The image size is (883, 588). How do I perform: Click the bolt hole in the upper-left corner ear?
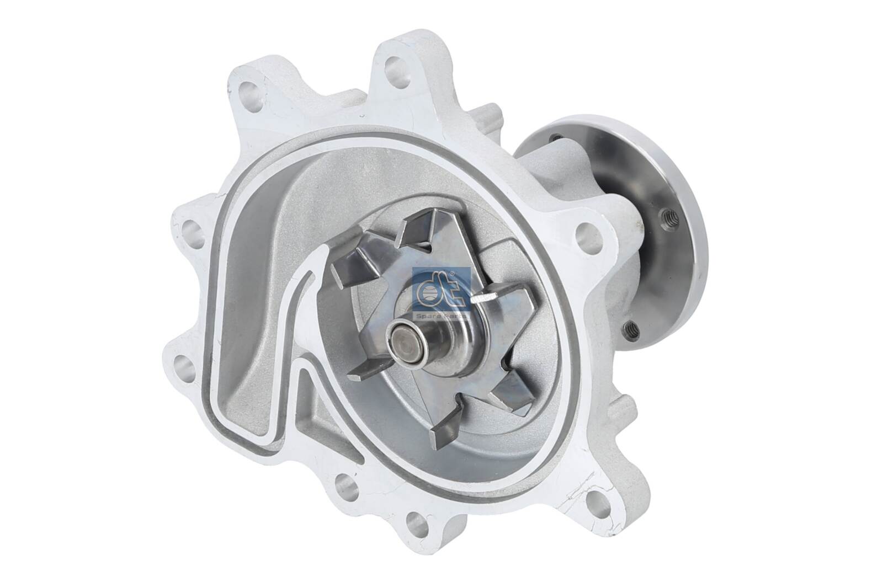click(x=247, y=88)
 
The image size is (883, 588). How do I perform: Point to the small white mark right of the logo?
click(x=482, y=298)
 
